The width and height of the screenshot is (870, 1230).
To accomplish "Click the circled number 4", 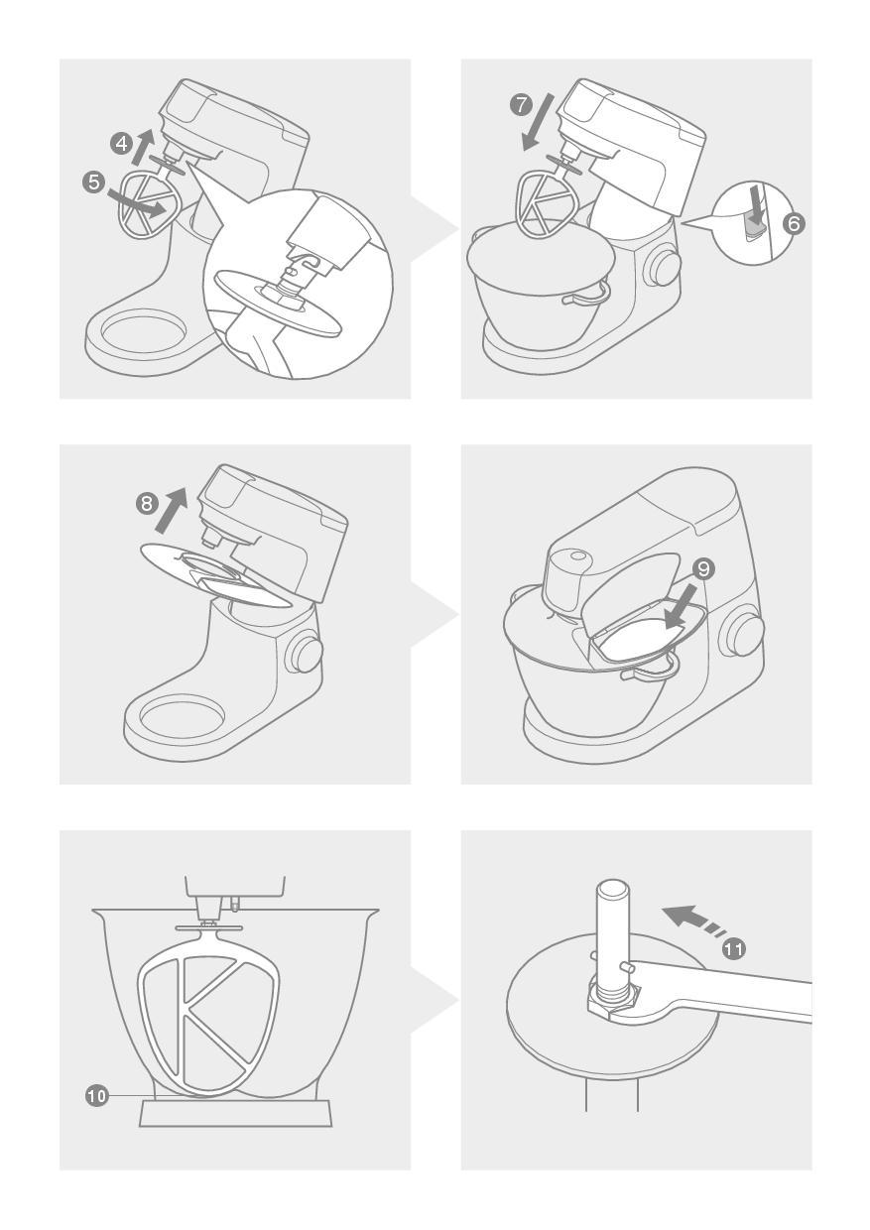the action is tap(121, 144).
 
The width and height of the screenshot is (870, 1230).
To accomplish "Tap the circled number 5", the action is tap(94, 182).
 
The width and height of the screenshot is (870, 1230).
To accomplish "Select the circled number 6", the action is tap(794, 224).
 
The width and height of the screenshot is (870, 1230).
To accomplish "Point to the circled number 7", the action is tap(521, 105).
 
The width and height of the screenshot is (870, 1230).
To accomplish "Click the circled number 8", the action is tap(147, 503).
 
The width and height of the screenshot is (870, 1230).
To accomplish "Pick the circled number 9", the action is tap(703, 569).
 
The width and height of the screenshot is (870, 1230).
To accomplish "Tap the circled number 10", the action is tap(96, 1096).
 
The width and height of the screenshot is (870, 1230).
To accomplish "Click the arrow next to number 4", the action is tap(143, 146).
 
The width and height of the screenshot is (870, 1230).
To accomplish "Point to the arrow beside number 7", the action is tap(539, 121).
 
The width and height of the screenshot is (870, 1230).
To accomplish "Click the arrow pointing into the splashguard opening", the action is tap(680, 608).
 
